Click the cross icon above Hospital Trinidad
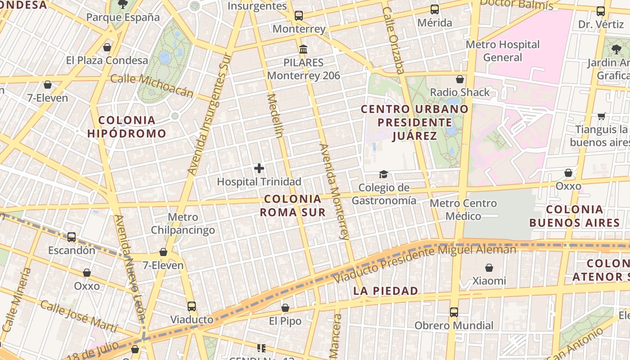click(259, 169)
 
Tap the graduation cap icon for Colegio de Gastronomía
click(383, 174)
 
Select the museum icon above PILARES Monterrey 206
click(303, 49)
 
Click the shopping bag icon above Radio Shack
click(460, 80)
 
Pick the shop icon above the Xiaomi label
click(489, 268)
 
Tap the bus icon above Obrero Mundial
click(454, 312)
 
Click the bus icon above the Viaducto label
click(192, 306)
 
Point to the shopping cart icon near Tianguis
click(601, 117)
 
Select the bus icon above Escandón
click(72, 237)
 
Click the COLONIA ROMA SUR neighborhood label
click(293, 205)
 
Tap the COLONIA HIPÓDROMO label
click(127, 127)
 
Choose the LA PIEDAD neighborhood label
click(386, 291)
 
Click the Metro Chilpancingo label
click(183, 224)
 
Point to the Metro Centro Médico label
click(463, 210)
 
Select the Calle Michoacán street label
click(152, 85)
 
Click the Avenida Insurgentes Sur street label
click(209, 114)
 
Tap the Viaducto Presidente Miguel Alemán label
click(425, 264)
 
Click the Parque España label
click(123, 18)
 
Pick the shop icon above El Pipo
click(285, 308)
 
